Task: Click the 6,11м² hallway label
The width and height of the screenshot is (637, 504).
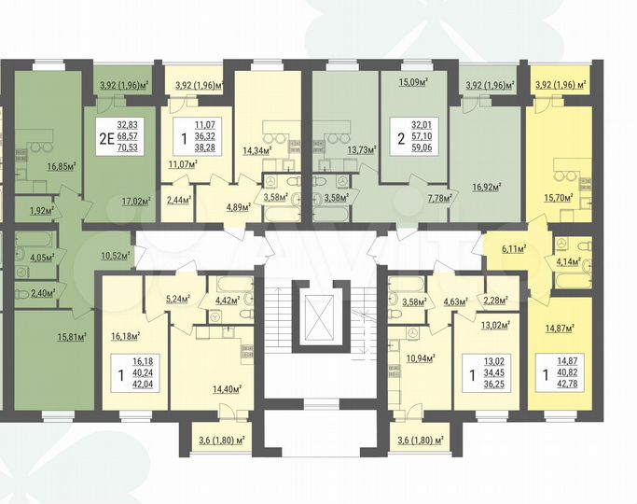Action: click(x=514, y=250)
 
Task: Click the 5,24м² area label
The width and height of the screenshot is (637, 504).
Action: click(x=177, y=300)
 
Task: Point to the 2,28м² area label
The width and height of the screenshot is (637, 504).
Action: click(x=494, y=300)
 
